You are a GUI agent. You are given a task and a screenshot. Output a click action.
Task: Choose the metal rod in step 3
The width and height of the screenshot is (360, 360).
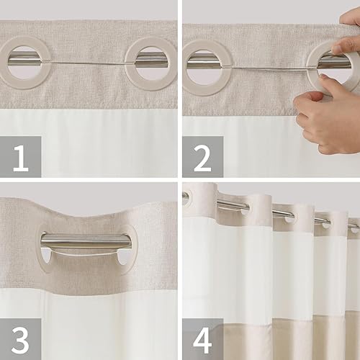click(x=86, y=242)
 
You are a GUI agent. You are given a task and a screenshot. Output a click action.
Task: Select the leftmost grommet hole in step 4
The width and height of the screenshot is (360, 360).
click(x=188, y=199)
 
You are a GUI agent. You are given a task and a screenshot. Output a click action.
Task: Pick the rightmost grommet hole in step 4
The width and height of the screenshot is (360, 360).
click(x=353, y=229)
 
